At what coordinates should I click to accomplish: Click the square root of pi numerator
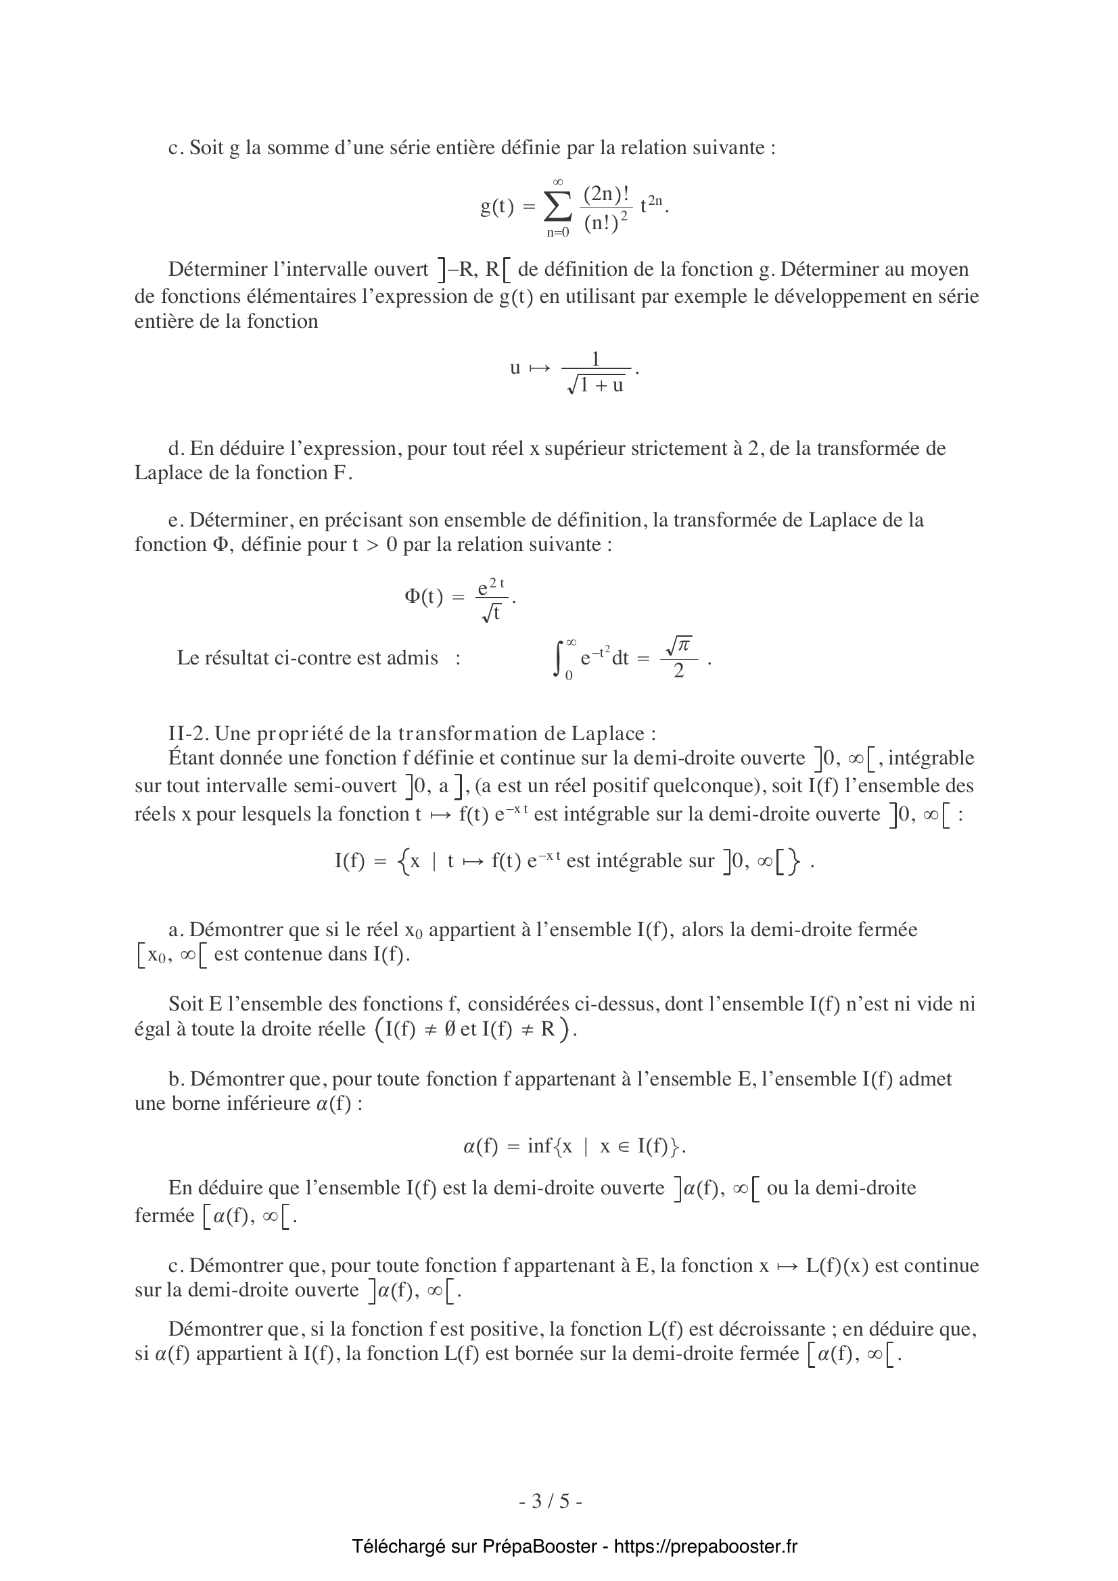[678, 645]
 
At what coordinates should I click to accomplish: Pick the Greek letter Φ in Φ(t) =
[412, 595]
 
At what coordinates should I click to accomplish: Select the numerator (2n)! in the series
[605, 194]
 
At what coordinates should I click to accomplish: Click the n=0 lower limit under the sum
[558, 233]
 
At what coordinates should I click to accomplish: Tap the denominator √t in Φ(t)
[491, 612]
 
